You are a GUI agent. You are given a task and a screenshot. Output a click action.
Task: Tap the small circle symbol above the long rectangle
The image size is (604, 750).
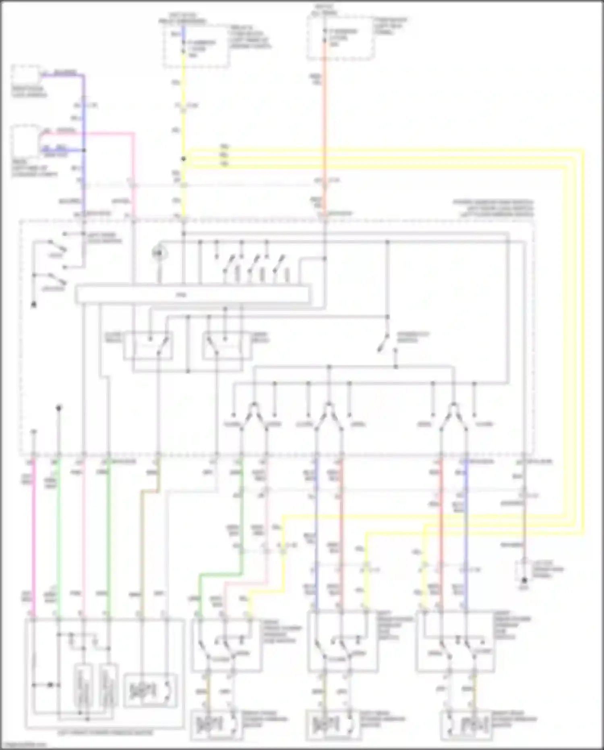(159, 253)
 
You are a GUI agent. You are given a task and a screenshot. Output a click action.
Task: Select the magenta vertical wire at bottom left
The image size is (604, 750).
(34, 536)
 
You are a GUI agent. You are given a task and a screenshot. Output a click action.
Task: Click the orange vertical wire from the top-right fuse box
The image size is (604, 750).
(324, 121)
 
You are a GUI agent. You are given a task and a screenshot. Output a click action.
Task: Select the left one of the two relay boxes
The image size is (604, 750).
(148, 345)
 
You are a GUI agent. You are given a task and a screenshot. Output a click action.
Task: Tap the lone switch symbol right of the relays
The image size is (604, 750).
(385, 343)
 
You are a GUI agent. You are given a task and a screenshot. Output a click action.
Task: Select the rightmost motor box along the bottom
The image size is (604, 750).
(467, 725)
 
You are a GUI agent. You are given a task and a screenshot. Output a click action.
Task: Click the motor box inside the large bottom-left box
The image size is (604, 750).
(150, 690)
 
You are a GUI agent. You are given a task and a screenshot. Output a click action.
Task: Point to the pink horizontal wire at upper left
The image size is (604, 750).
(109, 133)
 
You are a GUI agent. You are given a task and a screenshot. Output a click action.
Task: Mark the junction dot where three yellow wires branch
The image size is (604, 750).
(183, 159)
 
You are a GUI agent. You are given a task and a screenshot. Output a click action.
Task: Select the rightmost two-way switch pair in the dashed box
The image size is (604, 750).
(453, 415)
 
